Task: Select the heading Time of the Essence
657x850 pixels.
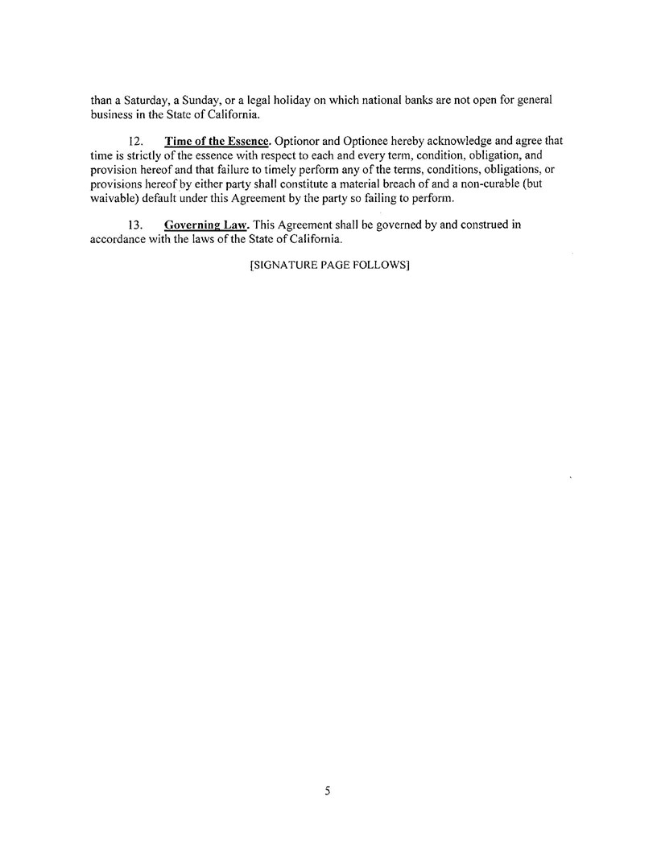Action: click(216, 141)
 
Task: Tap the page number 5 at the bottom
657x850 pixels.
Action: click(328, 791)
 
